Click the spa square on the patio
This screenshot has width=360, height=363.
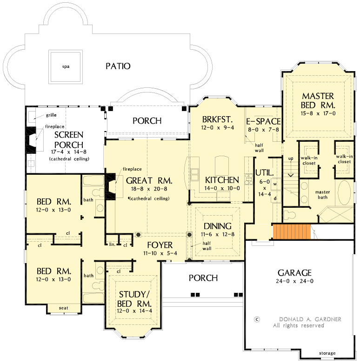tap(66, 66)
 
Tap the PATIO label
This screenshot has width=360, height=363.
tap(118, 66)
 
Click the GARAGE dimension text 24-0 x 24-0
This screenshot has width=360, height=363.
tap(294, 281)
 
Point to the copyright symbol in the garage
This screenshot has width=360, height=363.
tap(256, 319)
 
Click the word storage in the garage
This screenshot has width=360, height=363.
tap(327, 353)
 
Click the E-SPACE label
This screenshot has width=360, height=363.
tap(263, 122)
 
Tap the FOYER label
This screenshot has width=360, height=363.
tap(160, 245)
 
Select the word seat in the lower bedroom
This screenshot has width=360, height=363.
tap(63, 308)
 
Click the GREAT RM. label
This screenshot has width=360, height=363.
tap(149, 180)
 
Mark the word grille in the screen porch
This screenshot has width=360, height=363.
tap(51, 115)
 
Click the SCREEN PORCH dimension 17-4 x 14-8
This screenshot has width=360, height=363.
tap(69, 152)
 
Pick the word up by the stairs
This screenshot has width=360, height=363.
tap(292, 158)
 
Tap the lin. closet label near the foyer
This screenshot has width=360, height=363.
tap(112, 244)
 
